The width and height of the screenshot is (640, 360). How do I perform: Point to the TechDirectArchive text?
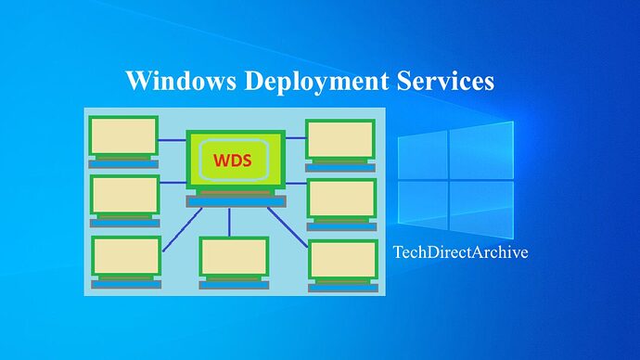point(460,251)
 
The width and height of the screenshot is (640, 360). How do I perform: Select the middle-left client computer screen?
point(124,195)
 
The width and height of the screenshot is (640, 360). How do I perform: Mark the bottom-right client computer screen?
point(342,261)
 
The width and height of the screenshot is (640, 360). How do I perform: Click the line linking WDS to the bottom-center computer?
point(231,222)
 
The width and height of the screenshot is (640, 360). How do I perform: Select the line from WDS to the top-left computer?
point(172,140)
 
